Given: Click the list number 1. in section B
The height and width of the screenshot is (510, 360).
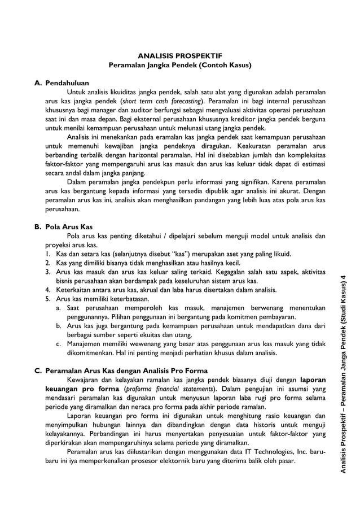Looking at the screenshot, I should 49,254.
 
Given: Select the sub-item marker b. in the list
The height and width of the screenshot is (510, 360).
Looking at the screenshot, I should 59,326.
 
